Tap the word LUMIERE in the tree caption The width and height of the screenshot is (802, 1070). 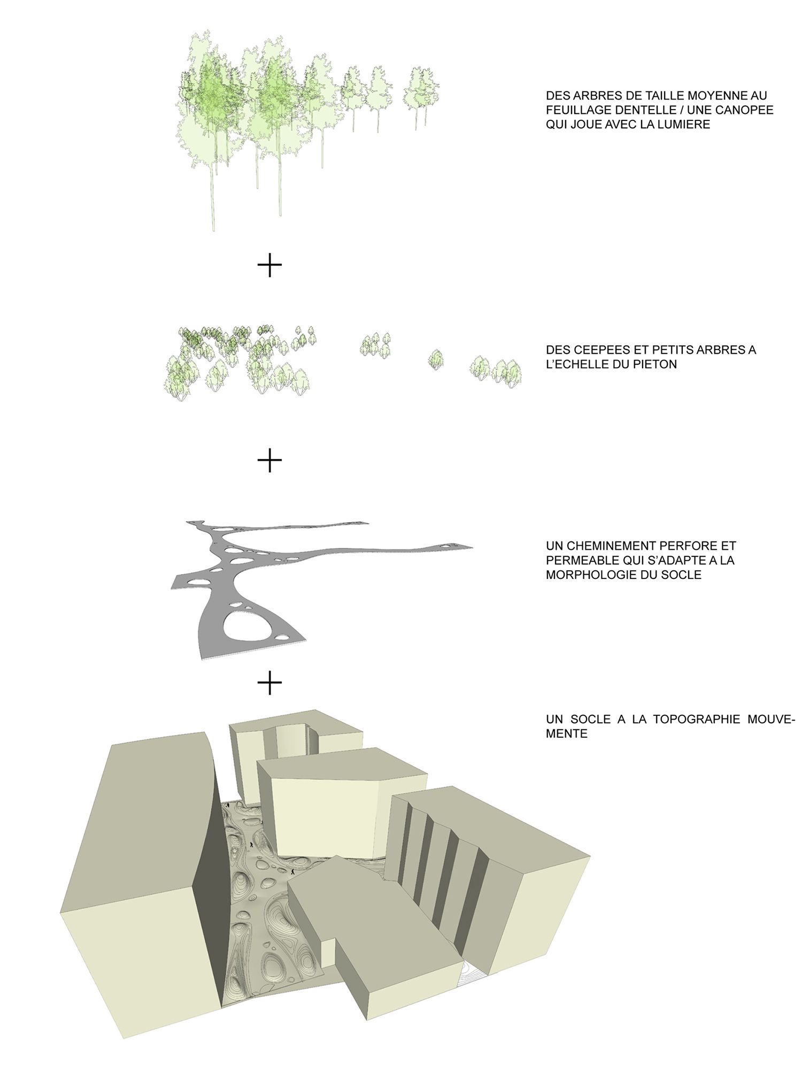tap(684, 125)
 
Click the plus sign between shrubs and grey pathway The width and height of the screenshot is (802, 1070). tap(269, 460)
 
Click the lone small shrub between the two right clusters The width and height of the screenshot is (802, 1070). tap(436, 359)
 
